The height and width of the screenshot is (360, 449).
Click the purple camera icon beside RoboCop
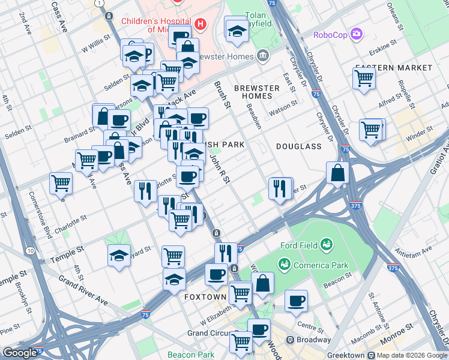[x=357, y=33]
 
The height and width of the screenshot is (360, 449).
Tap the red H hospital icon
[x=200, y=24]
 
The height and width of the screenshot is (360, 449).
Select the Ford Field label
[x=302, y=245]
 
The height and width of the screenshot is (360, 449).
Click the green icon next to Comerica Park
[x=284, y=265]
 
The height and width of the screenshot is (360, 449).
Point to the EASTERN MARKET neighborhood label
[x=393, y=67]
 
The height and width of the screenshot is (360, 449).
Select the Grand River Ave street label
[x=83, y=290]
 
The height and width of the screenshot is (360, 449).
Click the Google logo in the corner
[x=20, y=353]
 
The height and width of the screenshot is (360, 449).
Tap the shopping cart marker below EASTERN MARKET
[x=364, y=77]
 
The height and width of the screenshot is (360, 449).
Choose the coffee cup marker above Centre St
[x=295, y=301]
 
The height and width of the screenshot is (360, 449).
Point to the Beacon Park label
[x=190, y=355]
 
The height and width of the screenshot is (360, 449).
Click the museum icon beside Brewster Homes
[x=262, y=56]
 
